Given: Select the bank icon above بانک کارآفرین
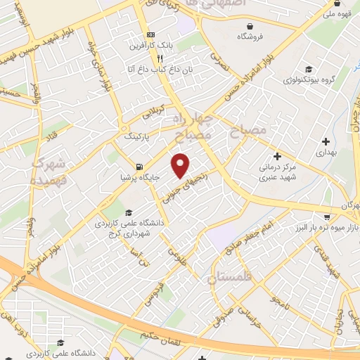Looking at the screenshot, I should click(x=150, y=34).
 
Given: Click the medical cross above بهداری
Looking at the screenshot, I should click(x=326, y=141).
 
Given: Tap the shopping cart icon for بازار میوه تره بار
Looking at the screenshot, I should click(x=327, y=217).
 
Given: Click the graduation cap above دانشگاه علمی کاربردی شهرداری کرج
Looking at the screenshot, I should click(x=127, y=212).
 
